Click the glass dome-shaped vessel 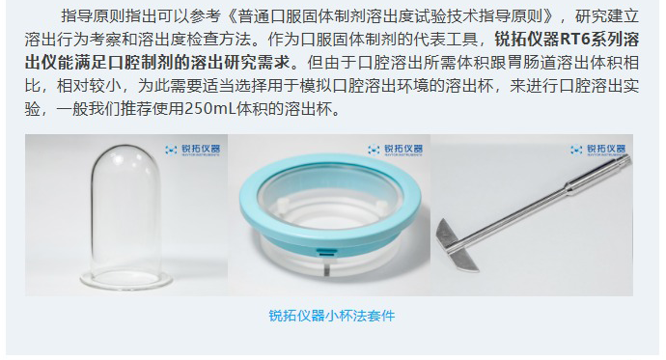coord(125,216)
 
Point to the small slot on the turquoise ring coord(326,253)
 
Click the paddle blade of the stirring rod coord(458,246)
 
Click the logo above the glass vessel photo coord(193,150)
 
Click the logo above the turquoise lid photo coord(396,150)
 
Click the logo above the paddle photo coord(598,150)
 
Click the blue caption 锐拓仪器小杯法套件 coord(332,316)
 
